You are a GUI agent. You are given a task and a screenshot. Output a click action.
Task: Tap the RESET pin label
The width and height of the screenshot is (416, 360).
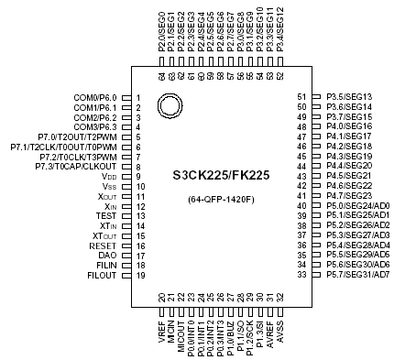pos(103,245)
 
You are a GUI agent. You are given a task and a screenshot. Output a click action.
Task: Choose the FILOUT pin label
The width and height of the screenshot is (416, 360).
pos(103,275)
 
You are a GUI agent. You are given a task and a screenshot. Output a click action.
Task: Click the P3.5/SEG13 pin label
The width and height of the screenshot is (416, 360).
pos(349,96)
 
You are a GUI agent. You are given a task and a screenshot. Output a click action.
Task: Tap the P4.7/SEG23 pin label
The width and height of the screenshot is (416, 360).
pos(349,195)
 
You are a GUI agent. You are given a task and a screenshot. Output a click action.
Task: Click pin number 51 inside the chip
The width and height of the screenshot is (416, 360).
pos(301,96)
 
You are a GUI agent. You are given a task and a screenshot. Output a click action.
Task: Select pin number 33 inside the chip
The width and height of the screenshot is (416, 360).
pos(301,274)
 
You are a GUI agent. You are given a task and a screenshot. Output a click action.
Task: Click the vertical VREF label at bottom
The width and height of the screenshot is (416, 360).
pos(161,324)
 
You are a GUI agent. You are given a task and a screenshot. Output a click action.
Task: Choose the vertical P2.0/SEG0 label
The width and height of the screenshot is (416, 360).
pos(161,33)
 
